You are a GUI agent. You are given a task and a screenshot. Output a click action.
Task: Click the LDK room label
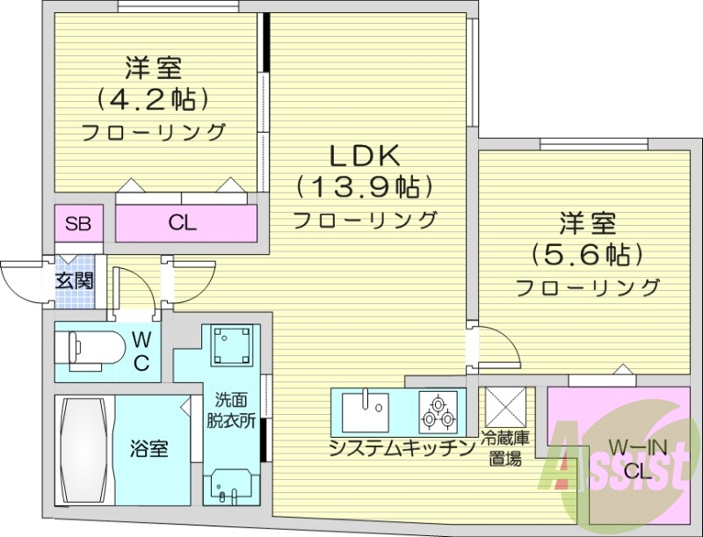(365, 156)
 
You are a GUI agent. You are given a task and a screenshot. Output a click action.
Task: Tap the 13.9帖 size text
(365, 187)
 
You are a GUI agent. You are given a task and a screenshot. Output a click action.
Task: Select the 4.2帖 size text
(154, 97)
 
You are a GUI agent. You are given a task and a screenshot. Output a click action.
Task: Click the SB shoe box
(78, 223)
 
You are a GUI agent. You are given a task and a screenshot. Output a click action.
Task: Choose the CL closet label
(182, 223)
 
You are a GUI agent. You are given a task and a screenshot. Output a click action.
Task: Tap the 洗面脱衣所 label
(232, 408)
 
